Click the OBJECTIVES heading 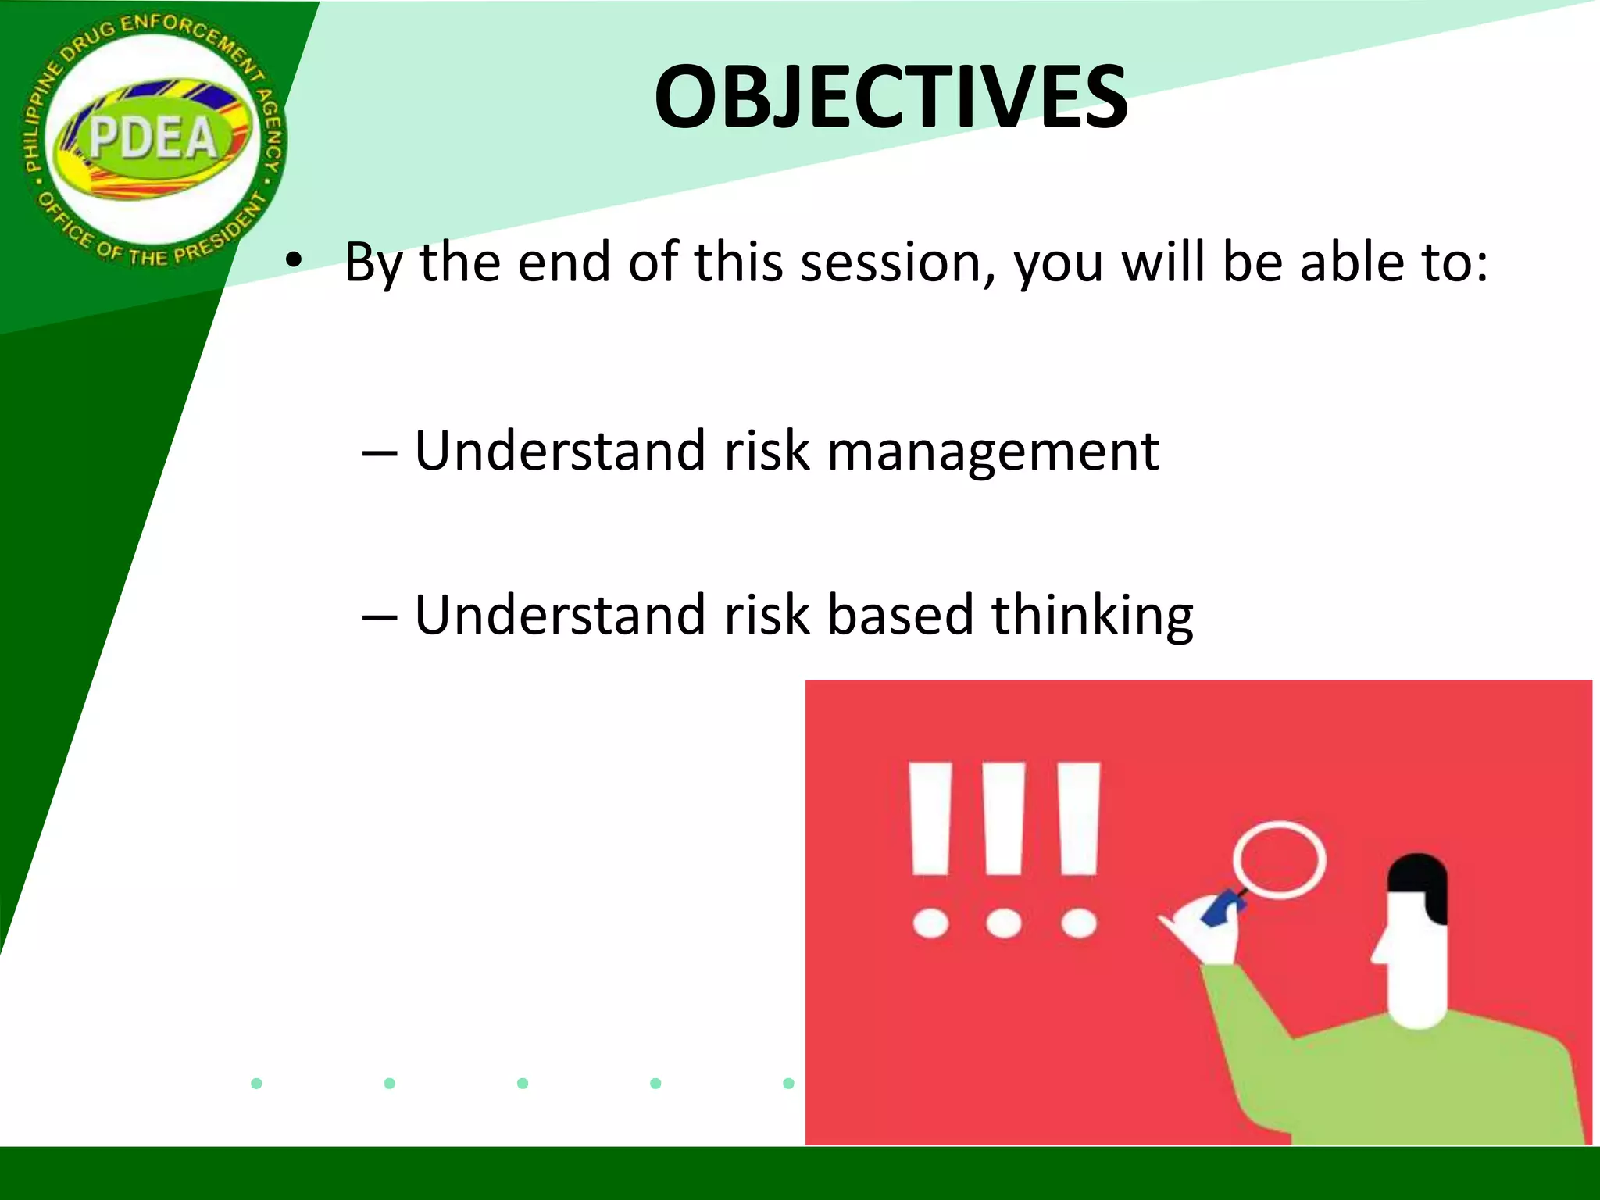pos(891,98)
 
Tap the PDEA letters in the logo pos(152,139)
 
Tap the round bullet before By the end pos(293,262)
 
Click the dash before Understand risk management pos(380,453)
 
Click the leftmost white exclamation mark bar pos(930,819)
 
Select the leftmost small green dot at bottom pos(256,1083)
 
